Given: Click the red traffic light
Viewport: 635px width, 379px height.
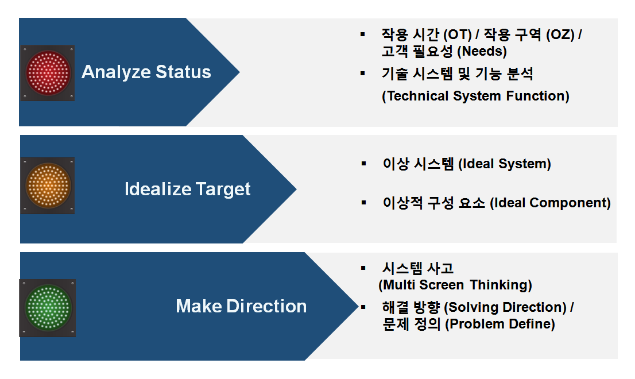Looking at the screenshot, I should (x=48, y=73).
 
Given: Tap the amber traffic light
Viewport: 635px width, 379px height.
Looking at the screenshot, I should (x=48, y=185).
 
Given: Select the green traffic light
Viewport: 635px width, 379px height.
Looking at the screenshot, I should (x=48, y=308).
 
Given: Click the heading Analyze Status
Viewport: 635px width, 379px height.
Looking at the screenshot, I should (x=146, y=72).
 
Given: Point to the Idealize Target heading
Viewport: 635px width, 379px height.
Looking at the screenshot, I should (x=187, y=189).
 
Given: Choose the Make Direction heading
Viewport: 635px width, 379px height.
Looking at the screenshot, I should (x=241, y=306).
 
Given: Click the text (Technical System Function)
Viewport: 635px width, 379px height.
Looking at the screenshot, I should (x=475, y=96).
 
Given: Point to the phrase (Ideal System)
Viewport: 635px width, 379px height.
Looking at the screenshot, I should (x=505, y=164).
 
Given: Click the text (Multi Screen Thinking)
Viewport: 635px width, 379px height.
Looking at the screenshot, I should (x=455, y=285).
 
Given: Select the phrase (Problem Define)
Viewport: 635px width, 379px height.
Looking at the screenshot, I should (x=500, y=324).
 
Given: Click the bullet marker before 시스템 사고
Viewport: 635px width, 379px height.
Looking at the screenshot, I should (x=363, y=268).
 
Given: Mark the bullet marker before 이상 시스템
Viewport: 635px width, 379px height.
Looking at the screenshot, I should (x=363, y=164).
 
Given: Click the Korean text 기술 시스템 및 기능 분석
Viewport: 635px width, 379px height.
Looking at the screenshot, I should (x=458, y=74).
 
